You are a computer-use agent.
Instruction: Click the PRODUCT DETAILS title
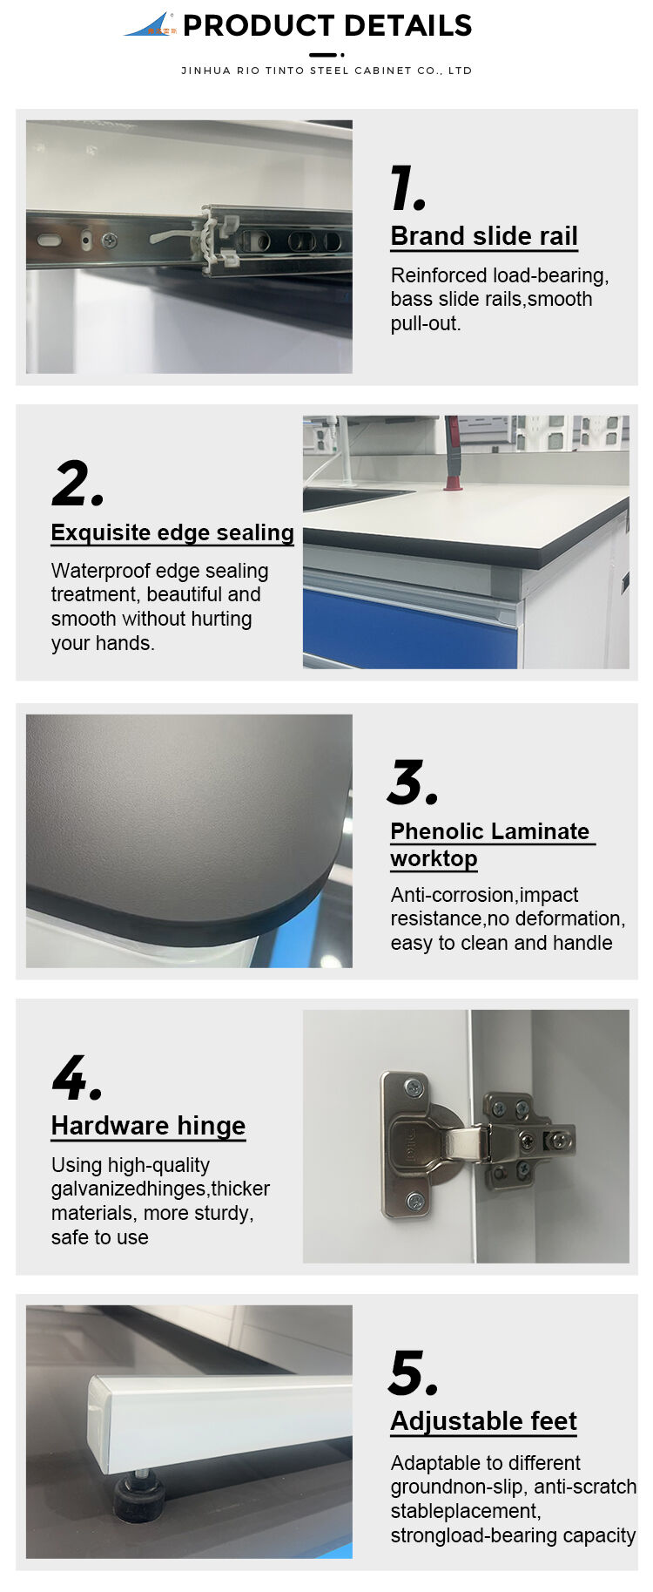pos(326,26)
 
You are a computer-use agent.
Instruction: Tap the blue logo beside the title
pos(150,25)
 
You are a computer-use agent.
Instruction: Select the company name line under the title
pos(326,71)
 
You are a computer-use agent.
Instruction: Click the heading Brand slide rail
pos(484,236)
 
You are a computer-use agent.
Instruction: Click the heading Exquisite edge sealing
pos(172,532)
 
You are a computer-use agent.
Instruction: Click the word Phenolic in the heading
pos(431,831)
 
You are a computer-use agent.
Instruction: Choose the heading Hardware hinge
pos(148,1126)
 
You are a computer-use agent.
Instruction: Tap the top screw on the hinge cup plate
pos(414,1087)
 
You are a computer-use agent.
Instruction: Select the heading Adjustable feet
pos(483,1421)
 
